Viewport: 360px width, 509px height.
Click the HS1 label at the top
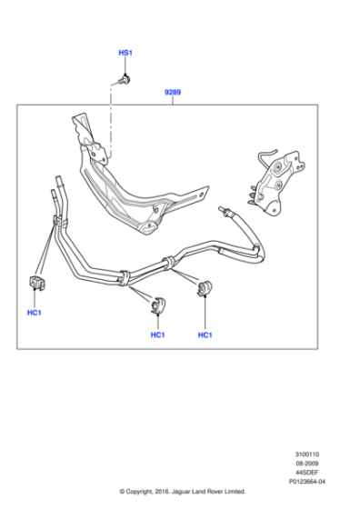pyautogui.click(x=125, y=55)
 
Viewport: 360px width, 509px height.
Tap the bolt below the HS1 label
pyautogui.click(x=125, y=80)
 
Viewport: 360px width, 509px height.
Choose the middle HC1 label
pyautogui.click(x=157, y=335)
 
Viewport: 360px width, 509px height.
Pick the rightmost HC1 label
pyautogui.click(x=205, y=335)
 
